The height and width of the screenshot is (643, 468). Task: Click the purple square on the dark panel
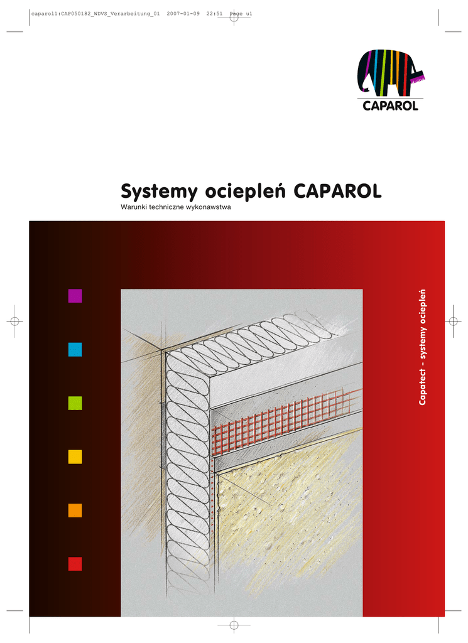pyautogui.click(x=75, y=296)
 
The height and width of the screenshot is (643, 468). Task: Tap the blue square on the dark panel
pyautogui.click(x=75, y=350)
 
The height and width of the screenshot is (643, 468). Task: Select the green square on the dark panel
pyautogui.click(x=75, y=403)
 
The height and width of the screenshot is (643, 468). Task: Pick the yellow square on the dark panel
pyautogui.click(x=75, y=457)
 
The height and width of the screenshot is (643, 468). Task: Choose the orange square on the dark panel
pyautogui.click(x=75, y=511)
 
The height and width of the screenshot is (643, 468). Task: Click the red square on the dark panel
pyautogui.click(x=75, y=564)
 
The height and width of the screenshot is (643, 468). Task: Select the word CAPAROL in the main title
pyautogui.click(x=337, y=191)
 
